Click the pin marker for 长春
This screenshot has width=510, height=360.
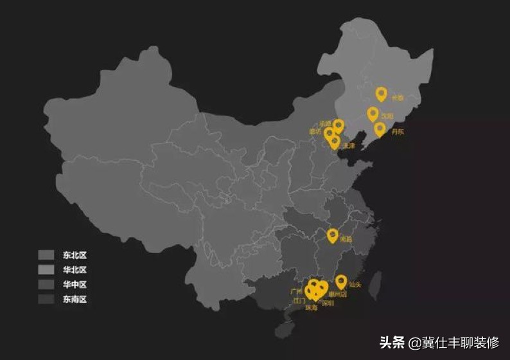pyautogui.click(x=381, y=94)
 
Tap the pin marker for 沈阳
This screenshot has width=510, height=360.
pyautogui.click(x=373, y=114)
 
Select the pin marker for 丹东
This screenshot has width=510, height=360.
pyautogui.click(x=380, y=129)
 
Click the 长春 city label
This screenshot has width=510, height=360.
pyautogui.click(x=398, y=98)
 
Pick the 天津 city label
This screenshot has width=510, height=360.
pyautogui.click(x=349, y=146)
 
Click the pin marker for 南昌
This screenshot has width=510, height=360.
pyautogui.click(x=332, y=235)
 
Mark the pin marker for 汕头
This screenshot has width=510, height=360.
pyautogui.click(x=341, y=281)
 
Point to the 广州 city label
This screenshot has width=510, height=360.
pyautogui.click(x=296, y=291)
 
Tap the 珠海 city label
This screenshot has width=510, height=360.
pyautogui.click(x=312, y=307)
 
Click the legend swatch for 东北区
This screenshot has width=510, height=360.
pyautogui.click(x=46, y=255)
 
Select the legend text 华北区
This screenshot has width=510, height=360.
pyautogui.click(x=75, y=270)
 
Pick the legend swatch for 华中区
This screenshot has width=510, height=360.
pyautogui.click(x=46, y=285)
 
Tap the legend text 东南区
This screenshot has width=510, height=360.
pyautogui.click(x=75, y=299)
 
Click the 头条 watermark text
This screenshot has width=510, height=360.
pyautogui.click(x=393, y=342)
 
